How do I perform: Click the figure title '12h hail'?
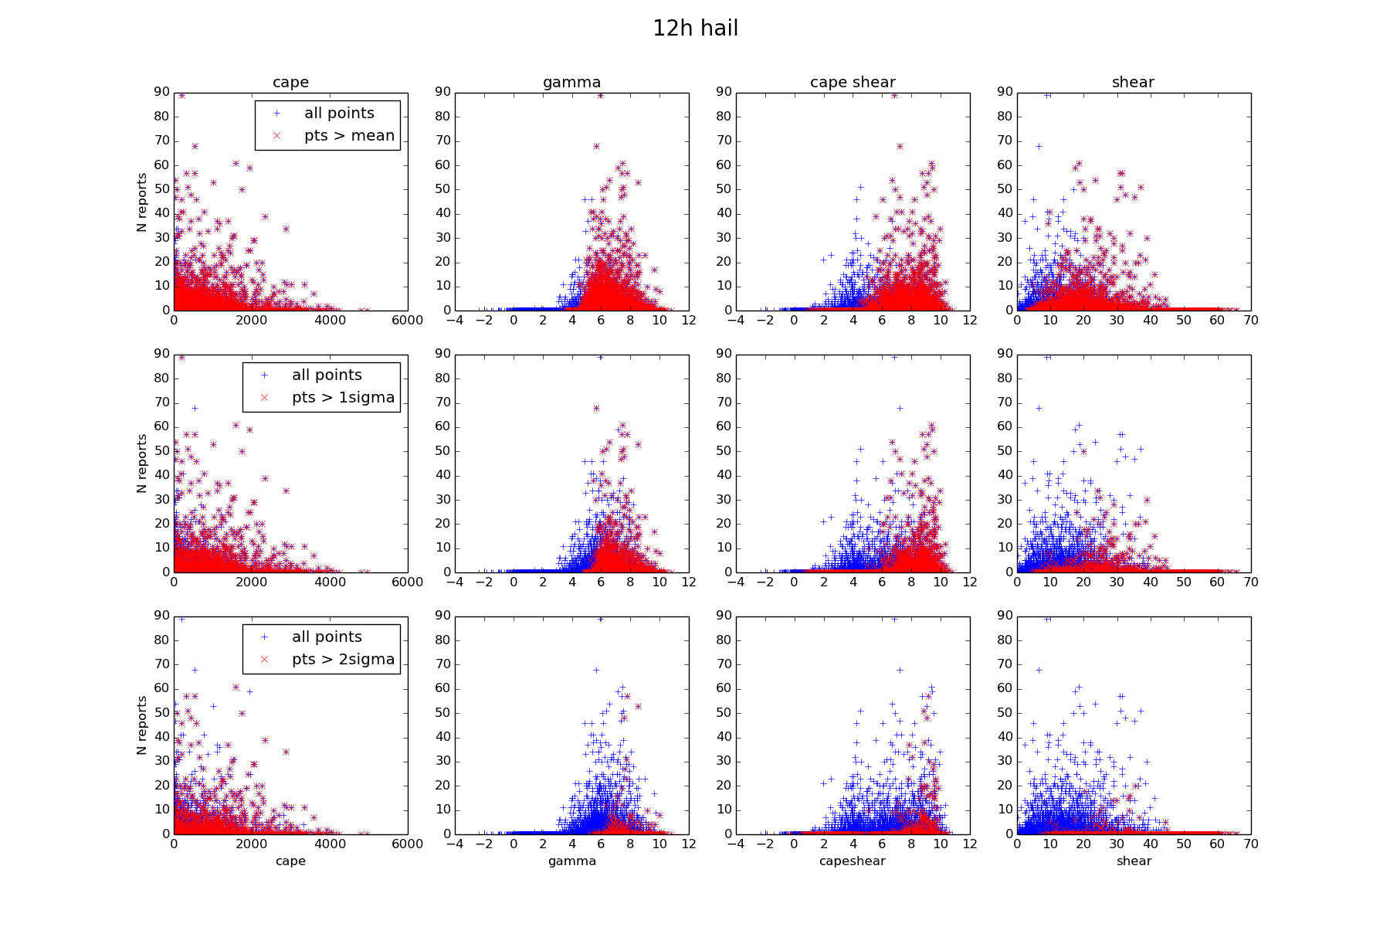[x=695, y=29]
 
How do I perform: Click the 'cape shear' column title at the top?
[x=853, y=83]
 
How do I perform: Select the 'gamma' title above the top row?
[x=571, y=83]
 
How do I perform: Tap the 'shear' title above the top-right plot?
[x=1133, y=83]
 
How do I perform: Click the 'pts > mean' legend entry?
[x=349, y=136]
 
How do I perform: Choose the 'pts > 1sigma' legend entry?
[x=343, y=398]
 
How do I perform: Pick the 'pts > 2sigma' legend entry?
[x=343, y=660]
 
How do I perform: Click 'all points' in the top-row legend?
[x=339, y=114]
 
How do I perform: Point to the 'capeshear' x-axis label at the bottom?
[x=853, y=861]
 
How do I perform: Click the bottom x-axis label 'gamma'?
[x=571, y=861]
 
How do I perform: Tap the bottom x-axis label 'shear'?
[x=1134, y=861]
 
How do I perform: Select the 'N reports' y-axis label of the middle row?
[x=141, y=463]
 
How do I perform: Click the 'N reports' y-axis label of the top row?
[x=141, y=202]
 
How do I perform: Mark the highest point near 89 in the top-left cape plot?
[x=181, y=95]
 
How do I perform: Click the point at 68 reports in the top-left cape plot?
[x=195, y=146]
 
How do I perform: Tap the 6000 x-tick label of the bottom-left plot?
[x=407, y=844]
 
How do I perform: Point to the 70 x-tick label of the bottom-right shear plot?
[x=1251, y=844]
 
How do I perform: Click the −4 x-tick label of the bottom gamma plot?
[x=455, y=844]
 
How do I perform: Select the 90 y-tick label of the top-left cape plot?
[x=161, y=92]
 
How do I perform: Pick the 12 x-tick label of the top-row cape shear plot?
[x=970, y=321]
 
